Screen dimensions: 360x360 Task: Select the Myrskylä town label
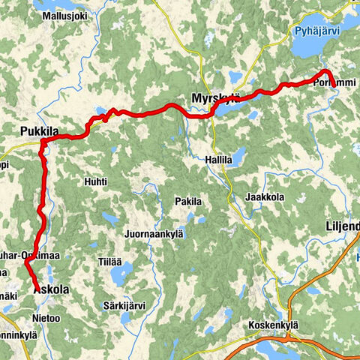click(215, 98)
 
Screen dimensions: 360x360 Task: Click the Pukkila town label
click(40, 132)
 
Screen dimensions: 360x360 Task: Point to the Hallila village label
click(218, 159)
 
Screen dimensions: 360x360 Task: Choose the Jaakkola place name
click(263, 196)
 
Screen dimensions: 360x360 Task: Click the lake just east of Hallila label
click(239, 156)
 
